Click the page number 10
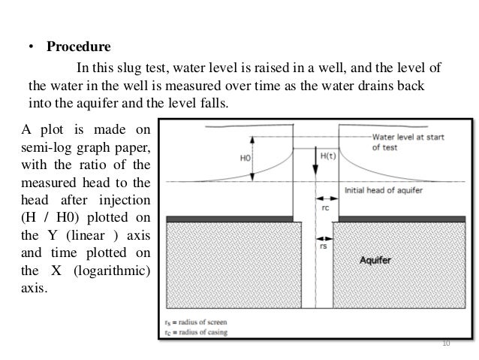(x=446, y=343)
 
